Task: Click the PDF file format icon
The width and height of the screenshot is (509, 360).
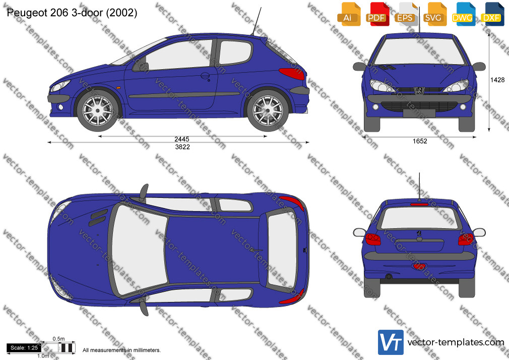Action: pyautogui.click(x=377, y=14)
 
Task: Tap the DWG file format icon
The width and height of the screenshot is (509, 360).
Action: pyautogui.click(x=464, y=14)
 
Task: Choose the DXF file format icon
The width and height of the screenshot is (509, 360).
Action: pyautogui.click(x=492, y=14)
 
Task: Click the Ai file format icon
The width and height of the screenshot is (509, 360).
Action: pyautogui.click(x=349, y=14)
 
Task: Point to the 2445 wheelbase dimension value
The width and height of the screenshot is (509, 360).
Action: pyautogui.click(x=182, y=139)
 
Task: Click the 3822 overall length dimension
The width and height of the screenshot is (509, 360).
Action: pyautogui.click(x=182, y=147)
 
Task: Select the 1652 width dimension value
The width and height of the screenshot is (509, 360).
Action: pyautogui.click(x=420, y=141)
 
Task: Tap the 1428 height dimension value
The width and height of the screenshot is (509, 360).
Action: pyautogui.click(x=497, y=80)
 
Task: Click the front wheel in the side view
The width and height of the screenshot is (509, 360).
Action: pyautogui.click(x=97, y=110)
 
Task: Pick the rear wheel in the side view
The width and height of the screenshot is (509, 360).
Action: pyautogui.click(x=268, y=110)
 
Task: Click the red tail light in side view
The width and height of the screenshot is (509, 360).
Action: pyautogui.click(x=291, y=74)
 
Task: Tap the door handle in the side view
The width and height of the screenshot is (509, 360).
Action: pyautogui.click(x=205, y=76)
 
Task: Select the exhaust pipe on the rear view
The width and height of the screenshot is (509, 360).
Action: pyautogui.click(x=389, y=277)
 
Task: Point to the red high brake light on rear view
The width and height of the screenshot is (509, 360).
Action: pyautogui.click(x=419, y=204)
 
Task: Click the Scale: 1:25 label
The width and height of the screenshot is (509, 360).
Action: pyautogui.click(x=24, y=348)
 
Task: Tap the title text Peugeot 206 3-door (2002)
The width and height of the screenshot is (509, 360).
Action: pyautogui.click(x=72, y=13)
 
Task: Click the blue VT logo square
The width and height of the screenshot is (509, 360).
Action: pyautogui.click(x=391, y=342)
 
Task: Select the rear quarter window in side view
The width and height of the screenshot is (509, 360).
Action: pyautogui.click(x=235, y=52)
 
